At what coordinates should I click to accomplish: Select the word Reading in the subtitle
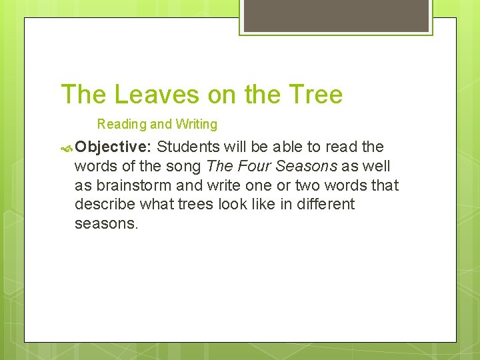[122, 124]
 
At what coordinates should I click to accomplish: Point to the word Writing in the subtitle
[196, 124]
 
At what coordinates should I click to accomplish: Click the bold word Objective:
[114, 147]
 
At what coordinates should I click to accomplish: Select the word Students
[188, 147]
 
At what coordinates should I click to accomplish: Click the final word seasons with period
[107, 223]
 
